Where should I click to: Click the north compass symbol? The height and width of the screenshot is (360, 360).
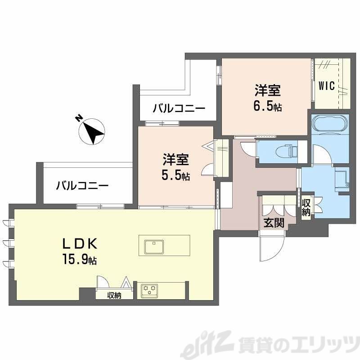tap(92, 131)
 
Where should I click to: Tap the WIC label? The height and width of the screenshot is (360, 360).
tap(327, 86)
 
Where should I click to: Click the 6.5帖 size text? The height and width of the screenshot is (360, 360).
tap(268, 107)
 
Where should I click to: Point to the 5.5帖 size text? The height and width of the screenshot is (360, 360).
tap(175, 176)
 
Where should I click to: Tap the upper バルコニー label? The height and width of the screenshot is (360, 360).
tap(179, 108)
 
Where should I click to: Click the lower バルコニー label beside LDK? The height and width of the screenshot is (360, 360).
tap(82, 185)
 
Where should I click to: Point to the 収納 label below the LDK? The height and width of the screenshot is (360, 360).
tap(114, 296)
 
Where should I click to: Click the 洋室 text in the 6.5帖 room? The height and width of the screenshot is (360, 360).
tap(268, 91)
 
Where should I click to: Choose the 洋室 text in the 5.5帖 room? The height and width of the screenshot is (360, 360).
tap(175, 160)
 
